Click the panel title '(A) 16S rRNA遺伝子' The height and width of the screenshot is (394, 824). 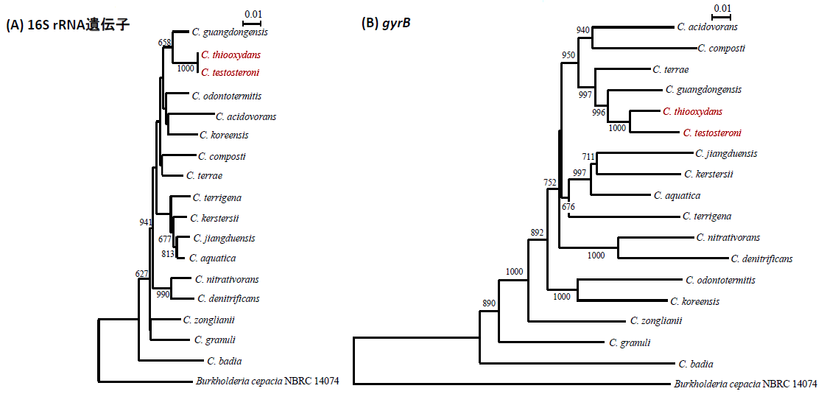coord(68,25)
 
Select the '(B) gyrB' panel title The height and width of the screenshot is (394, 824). coord(387,24)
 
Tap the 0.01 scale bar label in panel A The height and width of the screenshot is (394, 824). coord(253,14)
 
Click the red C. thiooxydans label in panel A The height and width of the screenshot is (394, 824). coord(230,54)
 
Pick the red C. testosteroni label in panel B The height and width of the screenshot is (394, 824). coord(712,133)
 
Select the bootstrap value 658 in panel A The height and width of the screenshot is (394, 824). coord(165,42)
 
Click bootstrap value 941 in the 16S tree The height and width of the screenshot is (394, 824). coord(146,222)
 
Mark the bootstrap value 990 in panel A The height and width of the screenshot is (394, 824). coord(163,294)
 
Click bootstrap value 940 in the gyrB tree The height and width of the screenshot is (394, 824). coord(583,30)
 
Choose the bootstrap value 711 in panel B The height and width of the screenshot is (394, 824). coord(589,156)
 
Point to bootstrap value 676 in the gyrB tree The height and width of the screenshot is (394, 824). coord(568,206)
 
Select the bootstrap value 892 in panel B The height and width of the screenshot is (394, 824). coord(536,233)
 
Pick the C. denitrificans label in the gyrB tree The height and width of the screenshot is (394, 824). coord(761,258)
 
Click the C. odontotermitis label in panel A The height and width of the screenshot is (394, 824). coord(227,96)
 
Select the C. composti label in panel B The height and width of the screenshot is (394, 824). coord(722,48)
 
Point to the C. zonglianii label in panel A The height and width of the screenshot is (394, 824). coord(209,320)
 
